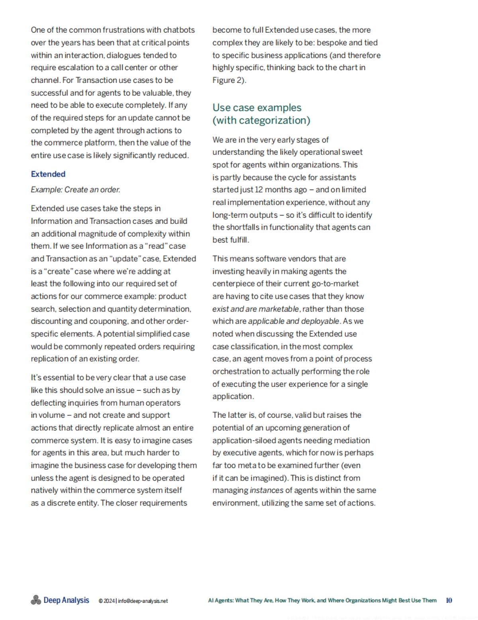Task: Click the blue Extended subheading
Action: click(48, 174)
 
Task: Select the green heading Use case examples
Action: click(257, 108)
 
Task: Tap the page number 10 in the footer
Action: click(449, 600)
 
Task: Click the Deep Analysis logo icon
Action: click(36, 600)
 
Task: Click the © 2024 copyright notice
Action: click(107, 601)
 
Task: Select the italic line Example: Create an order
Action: click(75, 190)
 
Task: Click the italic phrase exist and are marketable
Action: click(255, 309)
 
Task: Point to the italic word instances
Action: click(266, 490)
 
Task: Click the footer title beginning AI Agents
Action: click(322, 600)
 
